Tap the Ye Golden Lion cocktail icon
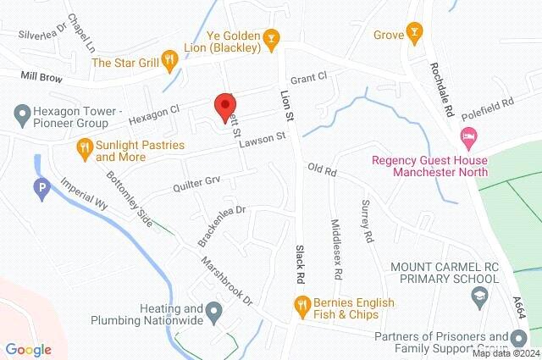click(271, 36)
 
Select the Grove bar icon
click(414, 35)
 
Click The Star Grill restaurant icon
click(170, 60)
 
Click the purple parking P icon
click(41, 190)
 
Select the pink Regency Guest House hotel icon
click(467, 136)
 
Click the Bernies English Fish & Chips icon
click(301, 303)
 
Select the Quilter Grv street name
click(196, 182)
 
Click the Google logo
click(28, 349)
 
